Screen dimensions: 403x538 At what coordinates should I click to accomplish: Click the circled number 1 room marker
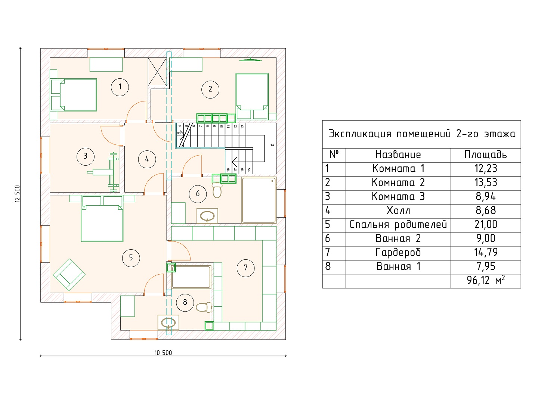pos(120,87)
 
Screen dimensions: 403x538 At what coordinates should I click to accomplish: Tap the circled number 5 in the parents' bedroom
pos(131,257)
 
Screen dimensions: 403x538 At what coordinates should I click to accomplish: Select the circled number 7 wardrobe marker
pos(245,268)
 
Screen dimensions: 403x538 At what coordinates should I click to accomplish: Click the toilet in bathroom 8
pos(204,307)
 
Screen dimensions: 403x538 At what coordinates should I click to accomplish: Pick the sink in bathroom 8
pos(168,323)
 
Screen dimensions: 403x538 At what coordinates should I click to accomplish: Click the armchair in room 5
pos(69,275)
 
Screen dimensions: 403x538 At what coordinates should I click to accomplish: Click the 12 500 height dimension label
pos(17,194)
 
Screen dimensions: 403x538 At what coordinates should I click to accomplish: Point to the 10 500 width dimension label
pos(163,353)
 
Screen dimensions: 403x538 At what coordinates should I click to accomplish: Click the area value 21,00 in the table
pos(486,224)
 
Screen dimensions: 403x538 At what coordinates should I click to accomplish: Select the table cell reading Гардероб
pos(398,253)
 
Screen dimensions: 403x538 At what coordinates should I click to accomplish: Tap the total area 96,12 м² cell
pos(486,280)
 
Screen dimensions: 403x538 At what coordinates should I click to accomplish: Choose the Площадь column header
pos(485,154)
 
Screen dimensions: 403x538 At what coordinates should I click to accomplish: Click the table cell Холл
pos(398,210)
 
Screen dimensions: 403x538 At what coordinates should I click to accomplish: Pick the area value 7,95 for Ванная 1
pos(486,266)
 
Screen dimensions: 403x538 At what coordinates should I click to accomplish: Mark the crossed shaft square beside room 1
pos(157,72)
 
